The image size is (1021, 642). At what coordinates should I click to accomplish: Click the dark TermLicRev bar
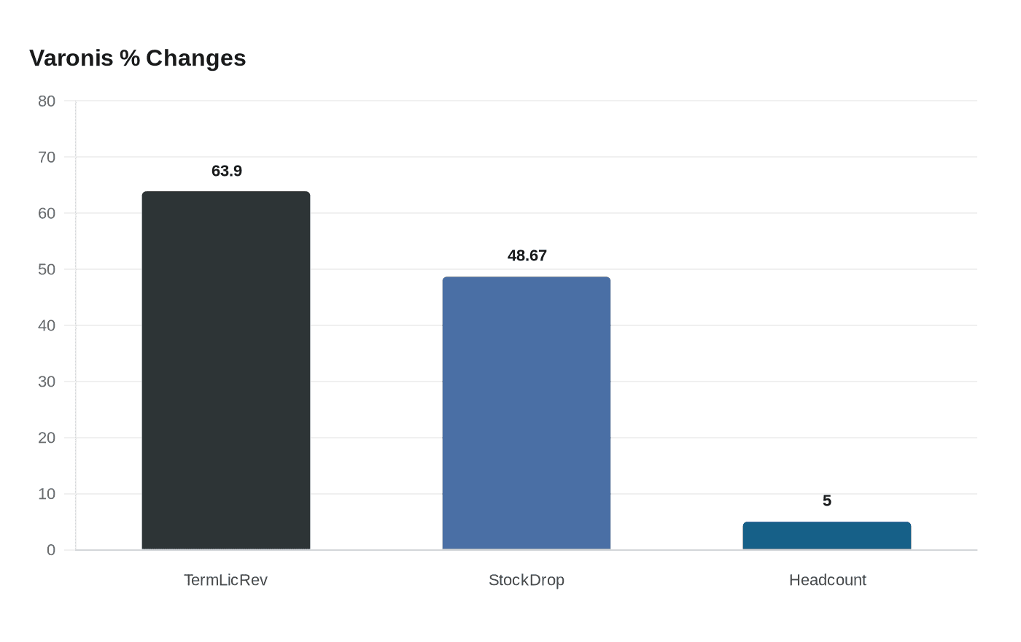[226, 371]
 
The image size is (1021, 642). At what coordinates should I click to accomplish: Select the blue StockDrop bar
[527, 413]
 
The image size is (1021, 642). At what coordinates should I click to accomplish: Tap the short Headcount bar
[827, 535]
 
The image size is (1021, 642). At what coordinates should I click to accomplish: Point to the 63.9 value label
[227, 171]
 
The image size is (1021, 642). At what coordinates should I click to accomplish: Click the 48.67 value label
[527, 255]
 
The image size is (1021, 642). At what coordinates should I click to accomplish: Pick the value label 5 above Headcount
[827, 500]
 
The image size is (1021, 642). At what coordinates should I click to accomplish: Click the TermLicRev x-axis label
[225, 580]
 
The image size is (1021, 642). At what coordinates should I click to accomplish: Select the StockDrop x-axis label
[527, 580]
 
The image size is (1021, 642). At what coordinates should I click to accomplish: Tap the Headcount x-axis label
[828, 580]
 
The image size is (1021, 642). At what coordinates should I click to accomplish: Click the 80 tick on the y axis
[47, 101]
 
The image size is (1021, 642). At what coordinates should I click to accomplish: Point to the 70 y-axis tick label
[47, 157]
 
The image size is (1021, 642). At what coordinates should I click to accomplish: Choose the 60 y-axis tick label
[47, 213]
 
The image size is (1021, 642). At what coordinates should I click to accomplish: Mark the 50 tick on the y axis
[47, 269]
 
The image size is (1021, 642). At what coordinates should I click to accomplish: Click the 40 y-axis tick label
[47, 325]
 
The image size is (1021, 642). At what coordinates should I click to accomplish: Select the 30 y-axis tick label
[47, 382]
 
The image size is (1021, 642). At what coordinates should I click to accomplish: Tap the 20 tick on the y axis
[47, 438]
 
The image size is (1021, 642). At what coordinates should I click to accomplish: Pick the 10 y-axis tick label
[47, 494]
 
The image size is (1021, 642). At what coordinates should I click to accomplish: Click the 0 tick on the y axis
[51, 550]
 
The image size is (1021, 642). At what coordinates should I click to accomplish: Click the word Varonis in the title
[71, 58]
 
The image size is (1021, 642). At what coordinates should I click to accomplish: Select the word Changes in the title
[195, 58]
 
